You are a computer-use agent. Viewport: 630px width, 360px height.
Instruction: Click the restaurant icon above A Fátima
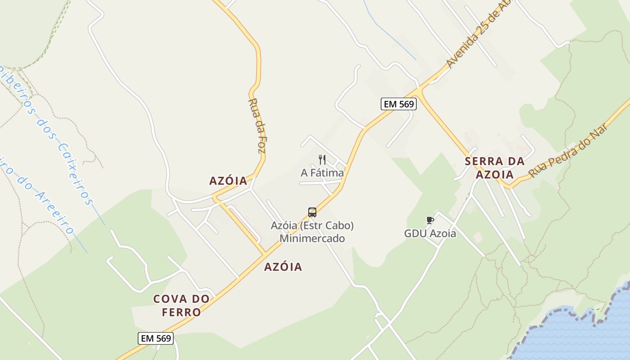(322, 160)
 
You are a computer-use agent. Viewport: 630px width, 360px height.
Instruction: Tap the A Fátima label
(322, 173)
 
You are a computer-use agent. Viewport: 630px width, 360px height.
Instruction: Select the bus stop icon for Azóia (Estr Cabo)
(312, 212)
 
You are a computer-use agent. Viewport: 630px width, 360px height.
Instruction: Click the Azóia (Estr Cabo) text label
(312, 225)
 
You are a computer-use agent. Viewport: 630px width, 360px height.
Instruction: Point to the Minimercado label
(312, 238)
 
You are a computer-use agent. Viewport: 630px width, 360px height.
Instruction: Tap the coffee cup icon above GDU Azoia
(430, 220)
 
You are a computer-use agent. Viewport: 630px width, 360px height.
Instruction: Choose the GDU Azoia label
(430, 234)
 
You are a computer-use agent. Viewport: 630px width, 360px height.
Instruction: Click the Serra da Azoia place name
(495, 168)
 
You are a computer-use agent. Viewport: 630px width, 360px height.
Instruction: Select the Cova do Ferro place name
(181, 305)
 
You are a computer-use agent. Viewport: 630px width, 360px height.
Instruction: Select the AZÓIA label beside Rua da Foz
(228, 181)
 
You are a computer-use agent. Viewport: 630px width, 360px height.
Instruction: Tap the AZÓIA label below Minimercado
(283, 267)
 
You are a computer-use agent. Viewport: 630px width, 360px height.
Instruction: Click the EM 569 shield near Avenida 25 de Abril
(399, 104)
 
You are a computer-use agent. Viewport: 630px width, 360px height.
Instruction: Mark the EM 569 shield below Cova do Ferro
(156, 338)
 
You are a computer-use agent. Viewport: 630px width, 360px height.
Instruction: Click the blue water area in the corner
(585, 337)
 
